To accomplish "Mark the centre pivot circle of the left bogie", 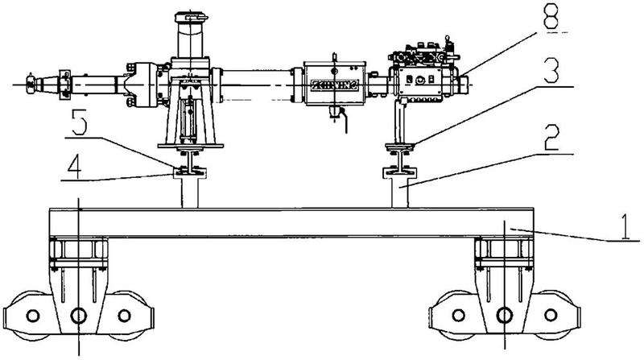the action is (78, 314).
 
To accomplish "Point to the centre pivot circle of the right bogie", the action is (505, 314).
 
